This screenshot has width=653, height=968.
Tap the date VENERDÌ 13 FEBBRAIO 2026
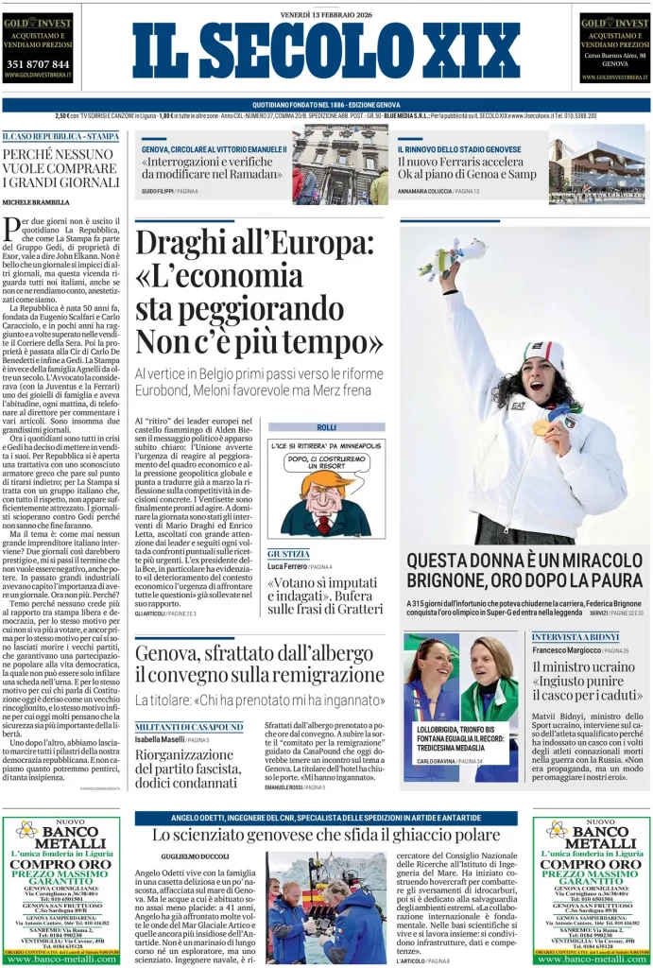point(325,13)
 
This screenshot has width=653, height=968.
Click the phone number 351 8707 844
point(38,64)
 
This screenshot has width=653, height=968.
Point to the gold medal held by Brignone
point(541,427)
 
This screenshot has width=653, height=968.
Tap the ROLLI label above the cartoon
point(326,427)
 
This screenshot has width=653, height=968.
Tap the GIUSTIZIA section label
point(288,553)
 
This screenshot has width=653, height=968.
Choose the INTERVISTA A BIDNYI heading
point(575,637)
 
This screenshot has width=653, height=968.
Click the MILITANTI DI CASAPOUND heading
point(189,726)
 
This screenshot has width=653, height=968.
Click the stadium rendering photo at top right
point(610,170)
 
